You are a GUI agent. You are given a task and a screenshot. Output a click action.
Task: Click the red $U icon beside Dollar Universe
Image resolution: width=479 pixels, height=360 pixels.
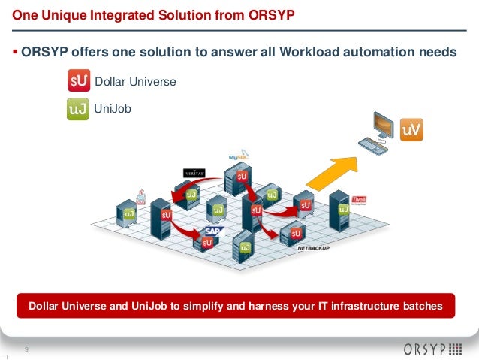(x=78, y=81)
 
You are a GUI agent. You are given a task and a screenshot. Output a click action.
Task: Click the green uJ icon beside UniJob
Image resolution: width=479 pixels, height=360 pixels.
(x=78, y=110)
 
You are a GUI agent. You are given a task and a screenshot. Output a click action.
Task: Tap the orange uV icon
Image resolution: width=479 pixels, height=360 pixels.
(x=411, y=130)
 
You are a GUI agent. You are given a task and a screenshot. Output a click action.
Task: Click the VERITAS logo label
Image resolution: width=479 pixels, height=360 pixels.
(x=194, y=174)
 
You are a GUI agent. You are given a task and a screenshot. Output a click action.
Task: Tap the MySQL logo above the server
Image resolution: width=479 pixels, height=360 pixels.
(x=238, y=157)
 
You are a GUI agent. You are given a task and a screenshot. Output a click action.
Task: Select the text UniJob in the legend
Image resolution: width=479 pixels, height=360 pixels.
(x=113, y=109)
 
